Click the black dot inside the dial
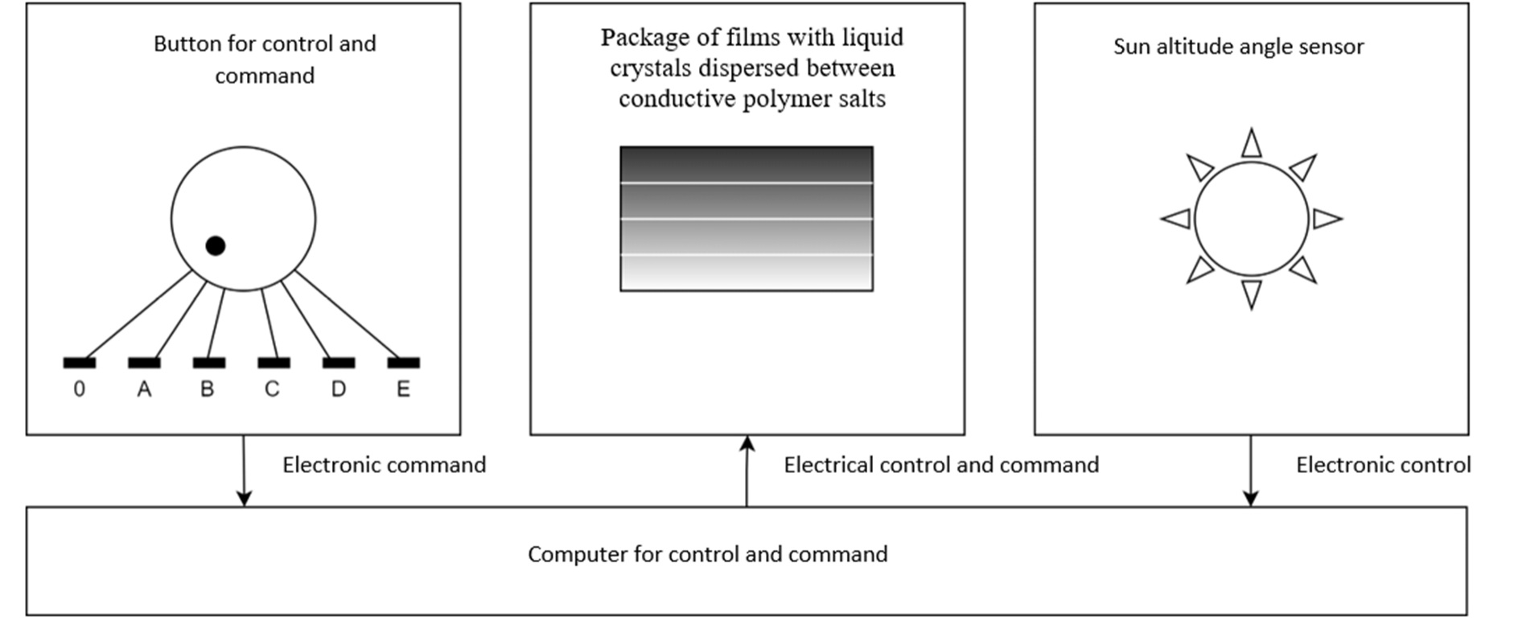(215, 245)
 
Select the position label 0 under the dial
(79, 389)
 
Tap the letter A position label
(144, 389)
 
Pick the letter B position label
(208, 389)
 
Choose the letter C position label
(272, 389)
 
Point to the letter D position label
(339, 389)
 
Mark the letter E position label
(403, 389)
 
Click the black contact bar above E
(403, 363)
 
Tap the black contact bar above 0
(80, 363)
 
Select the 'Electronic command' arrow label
(384, 465)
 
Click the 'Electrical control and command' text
(941, 465)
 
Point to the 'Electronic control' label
(1383, 465)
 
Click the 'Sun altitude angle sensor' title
(1238, 47)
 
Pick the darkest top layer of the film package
(746, 165)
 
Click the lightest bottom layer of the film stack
(746, 273)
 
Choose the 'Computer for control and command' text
(708, 554)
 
